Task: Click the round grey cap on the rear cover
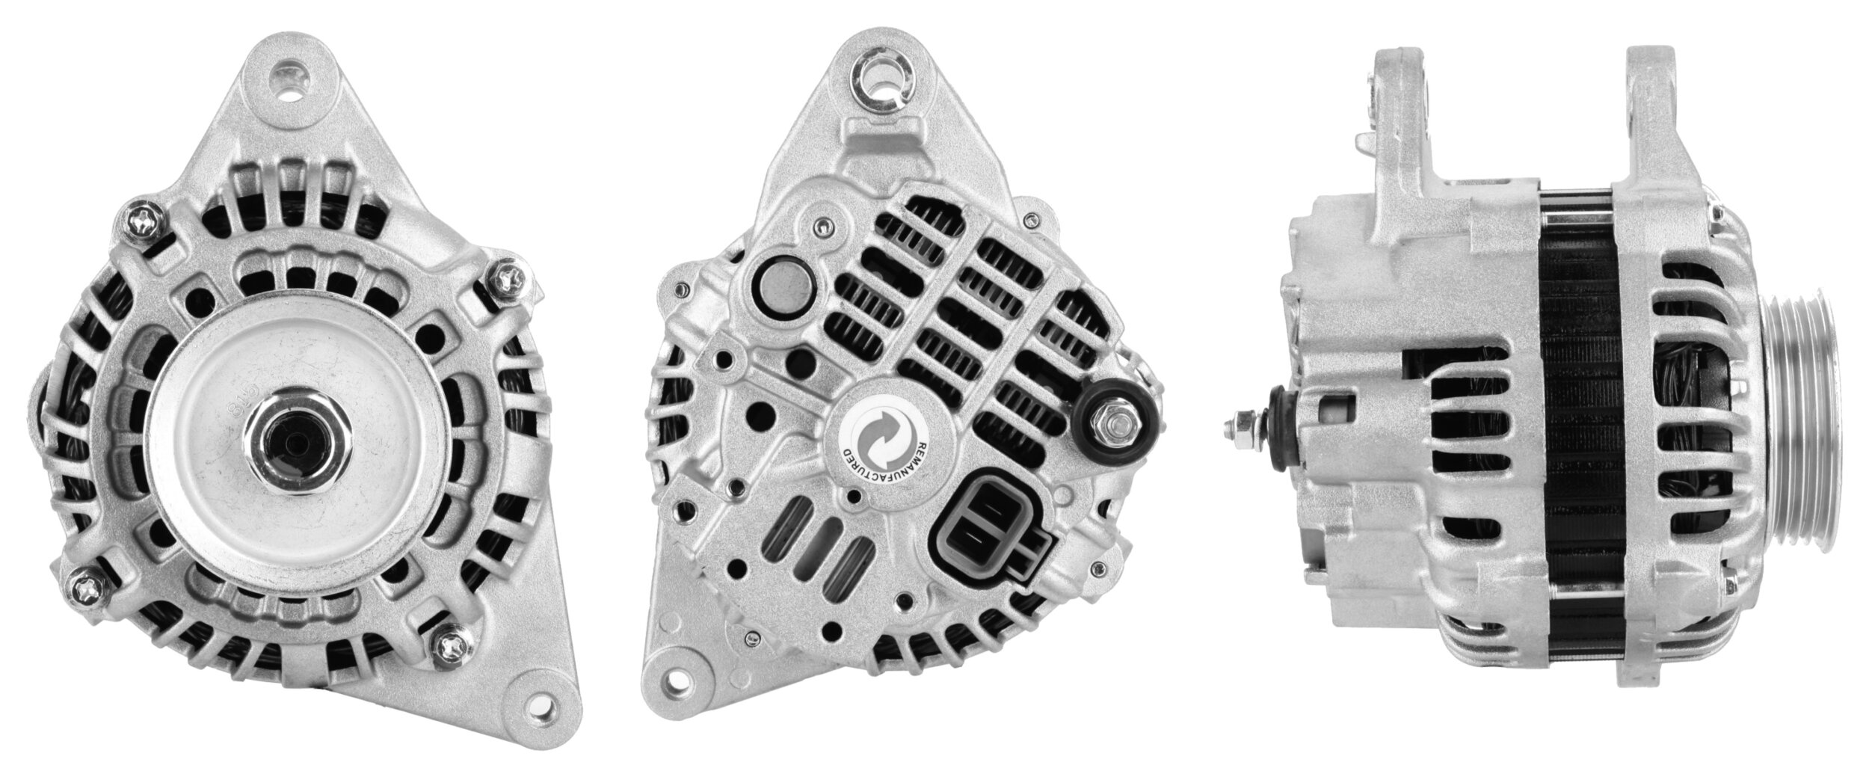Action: pyautogui.click(x=780, y=288)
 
